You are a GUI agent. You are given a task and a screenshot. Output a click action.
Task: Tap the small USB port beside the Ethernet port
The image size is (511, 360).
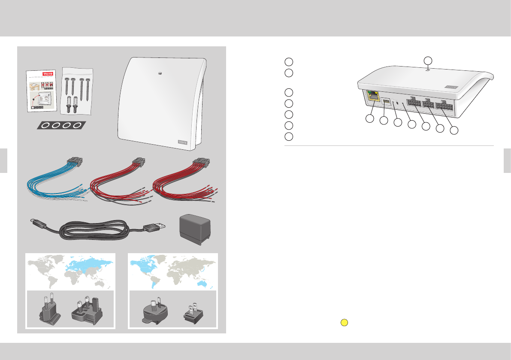387,103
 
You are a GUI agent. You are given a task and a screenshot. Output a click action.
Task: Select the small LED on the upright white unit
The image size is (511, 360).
159,74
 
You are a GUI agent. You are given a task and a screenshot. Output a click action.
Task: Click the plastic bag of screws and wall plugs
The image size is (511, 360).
78,90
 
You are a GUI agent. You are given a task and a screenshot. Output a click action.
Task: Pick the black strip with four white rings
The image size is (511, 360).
60,125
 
